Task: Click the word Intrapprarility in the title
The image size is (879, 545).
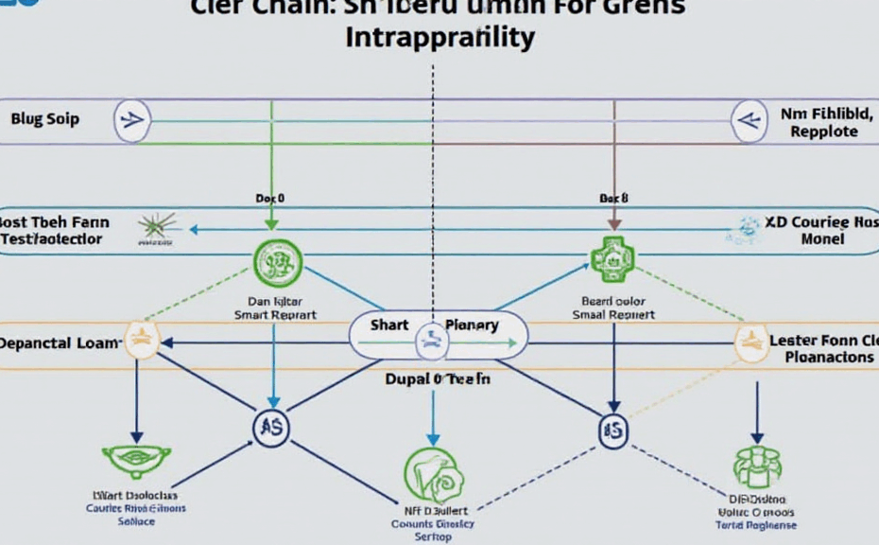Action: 439,38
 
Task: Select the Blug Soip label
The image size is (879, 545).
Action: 44,120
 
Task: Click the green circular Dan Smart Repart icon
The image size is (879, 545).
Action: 277,261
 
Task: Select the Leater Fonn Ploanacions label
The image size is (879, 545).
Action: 822,349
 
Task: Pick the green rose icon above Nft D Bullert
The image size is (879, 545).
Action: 433,475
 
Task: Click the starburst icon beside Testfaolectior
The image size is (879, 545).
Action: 157,228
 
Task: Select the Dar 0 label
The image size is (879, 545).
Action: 269,200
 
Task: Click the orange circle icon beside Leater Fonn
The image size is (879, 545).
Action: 753,343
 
